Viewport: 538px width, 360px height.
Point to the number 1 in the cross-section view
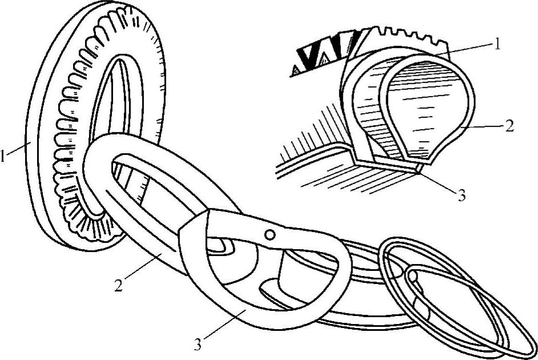497,44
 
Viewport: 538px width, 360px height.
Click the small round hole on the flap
270,234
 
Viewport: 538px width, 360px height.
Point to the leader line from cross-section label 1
468,50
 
